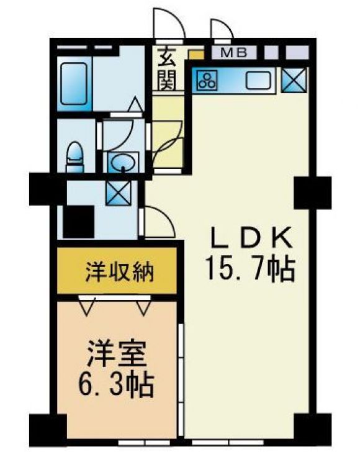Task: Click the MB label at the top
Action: point(234,53)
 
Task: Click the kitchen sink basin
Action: point(258,80)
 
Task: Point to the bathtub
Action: point(74,84)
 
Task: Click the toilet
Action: point(75,156)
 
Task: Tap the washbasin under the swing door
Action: point(123,161)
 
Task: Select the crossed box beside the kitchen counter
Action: point(294,80)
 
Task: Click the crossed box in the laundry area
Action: point(118,193)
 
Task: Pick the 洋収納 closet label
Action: point(120,272)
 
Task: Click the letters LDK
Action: point(252,238)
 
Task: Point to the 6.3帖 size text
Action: point(116,385)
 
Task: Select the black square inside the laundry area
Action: point(79,222)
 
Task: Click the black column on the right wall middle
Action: point(313,192)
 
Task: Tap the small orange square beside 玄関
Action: point(196,55)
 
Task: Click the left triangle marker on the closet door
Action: point(87,306)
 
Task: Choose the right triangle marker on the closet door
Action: point(143,306)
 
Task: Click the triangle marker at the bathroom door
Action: point(135,104)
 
